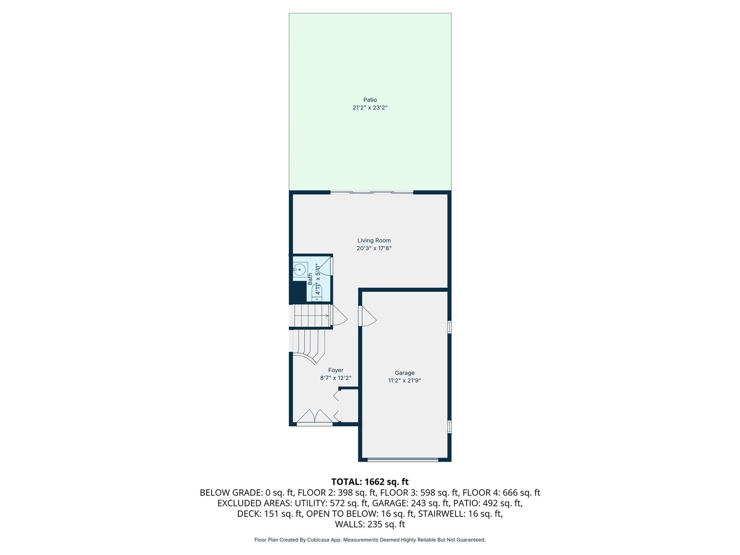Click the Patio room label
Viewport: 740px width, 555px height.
(x=370, y=100)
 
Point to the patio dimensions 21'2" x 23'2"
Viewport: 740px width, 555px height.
(x=370, y=108)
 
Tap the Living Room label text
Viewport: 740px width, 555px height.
(x=374, y=240)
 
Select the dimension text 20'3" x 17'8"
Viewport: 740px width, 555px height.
(x=374, y=248)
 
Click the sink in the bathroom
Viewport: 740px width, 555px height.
(x=300, y=269)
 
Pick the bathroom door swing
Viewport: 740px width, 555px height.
(x=327, y=266)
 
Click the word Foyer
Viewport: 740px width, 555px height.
(x=336, y=370)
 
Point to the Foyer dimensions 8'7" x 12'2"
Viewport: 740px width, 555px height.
(x=336, y=378)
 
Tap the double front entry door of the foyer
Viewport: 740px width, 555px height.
(x=314, y=417)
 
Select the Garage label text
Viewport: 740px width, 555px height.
(x=404, y=373)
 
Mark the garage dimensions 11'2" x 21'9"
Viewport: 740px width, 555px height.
(x=404, y=381)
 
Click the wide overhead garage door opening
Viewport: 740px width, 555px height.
(x=403, y=459)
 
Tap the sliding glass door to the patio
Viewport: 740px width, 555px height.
(x=372, y=193)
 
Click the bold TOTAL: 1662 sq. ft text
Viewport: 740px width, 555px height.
(x=370, y=482)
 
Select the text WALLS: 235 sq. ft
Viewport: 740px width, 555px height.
(x=370, y=524)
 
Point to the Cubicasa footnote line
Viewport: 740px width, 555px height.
(x=370, y=540)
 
